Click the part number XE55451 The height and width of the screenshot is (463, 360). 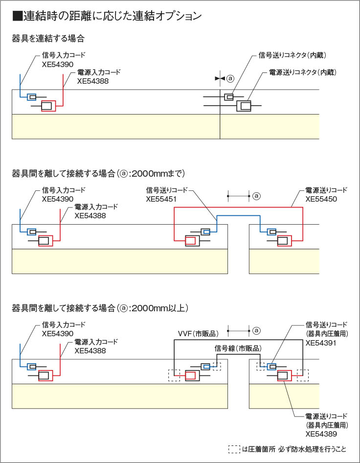click(x=161, y=199)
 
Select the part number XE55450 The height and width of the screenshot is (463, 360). click(x=320, y=199)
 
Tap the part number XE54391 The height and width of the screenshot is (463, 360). click(x=320, y=343)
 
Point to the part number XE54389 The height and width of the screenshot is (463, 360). click(x=320, y=434)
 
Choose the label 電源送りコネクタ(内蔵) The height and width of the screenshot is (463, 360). click(x=303, y=72)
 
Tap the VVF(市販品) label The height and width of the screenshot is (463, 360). click(x=194, y=334)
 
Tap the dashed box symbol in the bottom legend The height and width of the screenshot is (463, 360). click(x=235, y=449)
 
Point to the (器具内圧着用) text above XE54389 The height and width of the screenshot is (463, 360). click(x=326, y=425)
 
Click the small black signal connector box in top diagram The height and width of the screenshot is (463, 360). click(x=229, y=97)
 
